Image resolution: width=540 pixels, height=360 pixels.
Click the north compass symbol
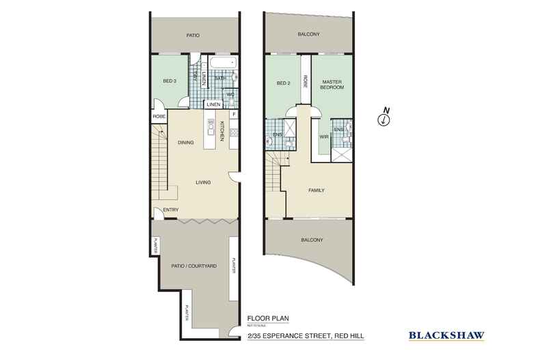point(385,119)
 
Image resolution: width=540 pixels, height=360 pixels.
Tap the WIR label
point(324,137)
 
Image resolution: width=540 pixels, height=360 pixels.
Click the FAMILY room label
point(316,191)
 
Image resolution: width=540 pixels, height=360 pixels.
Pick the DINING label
point(186,143)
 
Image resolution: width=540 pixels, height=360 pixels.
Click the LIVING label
point(202,182)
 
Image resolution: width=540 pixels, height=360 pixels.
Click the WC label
point(230,94)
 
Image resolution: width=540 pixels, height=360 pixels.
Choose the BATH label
point(221,79)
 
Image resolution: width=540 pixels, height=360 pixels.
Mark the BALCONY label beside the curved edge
point(310,240)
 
